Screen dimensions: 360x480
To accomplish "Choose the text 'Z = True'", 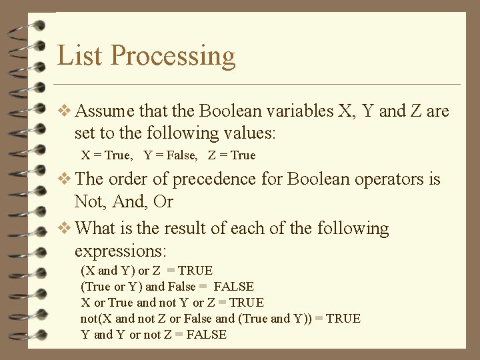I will pyautogui.click(x=231, y=155).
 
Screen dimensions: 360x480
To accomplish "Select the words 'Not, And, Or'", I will pyautogui.click(x=123, y=201).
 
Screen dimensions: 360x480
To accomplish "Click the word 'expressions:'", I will pyautogui.click(x=121, y=251).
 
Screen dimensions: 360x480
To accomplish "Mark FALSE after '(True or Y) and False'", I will pyautogui.click(x=233, y=287).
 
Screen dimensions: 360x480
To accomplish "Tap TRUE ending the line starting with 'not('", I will pyautogui.click(x=342, y=319).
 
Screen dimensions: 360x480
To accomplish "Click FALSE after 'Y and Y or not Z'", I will pyautogui.click(x=206, y=335).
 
